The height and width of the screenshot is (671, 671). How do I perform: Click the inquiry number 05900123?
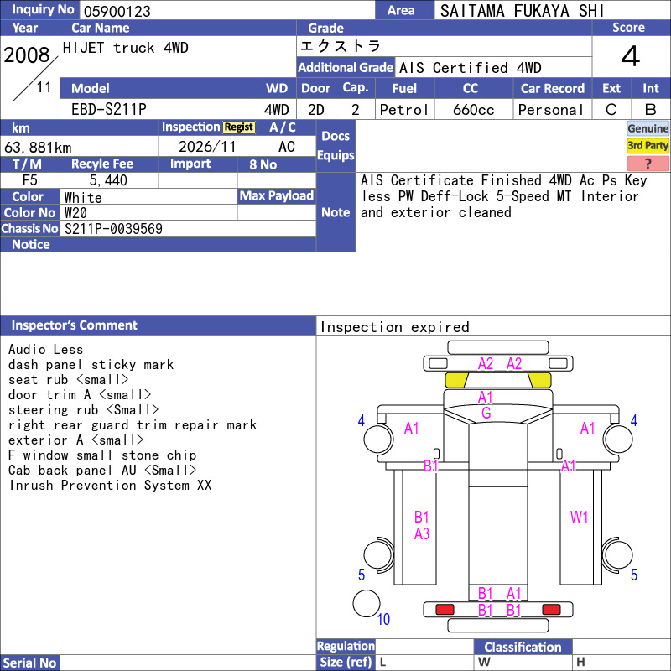pyautogui.click(x=117, y=11)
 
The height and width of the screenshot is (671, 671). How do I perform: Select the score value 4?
pyautogui.click(x=631, y=56)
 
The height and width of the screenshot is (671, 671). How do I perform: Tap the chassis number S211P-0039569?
pyautogui.click(x=113, y=228)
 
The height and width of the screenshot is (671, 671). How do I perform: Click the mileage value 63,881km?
pyautogui.click(x=38, y=148)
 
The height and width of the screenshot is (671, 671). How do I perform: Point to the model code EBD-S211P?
pyautogui.click(x=109, y=110)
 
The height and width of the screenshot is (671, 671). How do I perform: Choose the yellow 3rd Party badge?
pyautogui.click(x=648, y=146)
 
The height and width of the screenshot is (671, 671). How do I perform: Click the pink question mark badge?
pyautogui.click(x=648, y=163)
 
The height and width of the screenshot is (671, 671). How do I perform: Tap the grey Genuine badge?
pyautogui.click(x=648, y=128)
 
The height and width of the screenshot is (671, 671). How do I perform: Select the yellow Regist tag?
pyautogui.click(x=239, y=127)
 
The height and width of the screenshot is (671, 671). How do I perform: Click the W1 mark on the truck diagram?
pyautogui.click(x=579, y=517)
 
